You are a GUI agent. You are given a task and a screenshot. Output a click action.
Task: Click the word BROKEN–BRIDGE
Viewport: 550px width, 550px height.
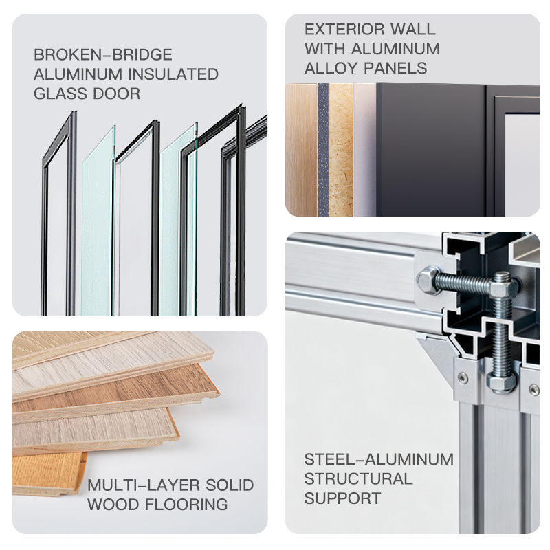(102, 55)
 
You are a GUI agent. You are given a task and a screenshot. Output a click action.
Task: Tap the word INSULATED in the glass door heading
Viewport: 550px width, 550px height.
(173, 74)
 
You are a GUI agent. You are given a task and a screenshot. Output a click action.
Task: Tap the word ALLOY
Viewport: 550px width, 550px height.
(326, 68)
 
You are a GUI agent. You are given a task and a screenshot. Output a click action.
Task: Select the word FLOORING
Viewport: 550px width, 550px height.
(186, 505)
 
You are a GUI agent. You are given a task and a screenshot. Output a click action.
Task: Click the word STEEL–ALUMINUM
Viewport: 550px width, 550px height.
(379, 459)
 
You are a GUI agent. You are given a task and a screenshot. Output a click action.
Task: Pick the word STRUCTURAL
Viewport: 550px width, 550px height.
(358, 478)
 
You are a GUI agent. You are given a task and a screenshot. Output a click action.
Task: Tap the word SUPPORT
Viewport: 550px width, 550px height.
(342, 498)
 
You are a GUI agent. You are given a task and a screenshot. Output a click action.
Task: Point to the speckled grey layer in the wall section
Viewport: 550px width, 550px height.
(322, 149)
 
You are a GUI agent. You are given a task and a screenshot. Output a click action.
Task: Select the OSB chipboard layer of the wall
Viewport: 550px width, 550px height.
(340, 149)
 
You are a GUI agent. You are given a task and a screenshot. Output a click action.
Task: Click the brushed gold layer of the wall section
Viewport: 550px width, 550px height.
(301, 149)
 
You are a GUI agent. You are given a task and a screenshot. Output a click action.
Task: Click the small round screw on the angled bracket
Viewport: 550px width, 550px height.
(463, 377)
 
